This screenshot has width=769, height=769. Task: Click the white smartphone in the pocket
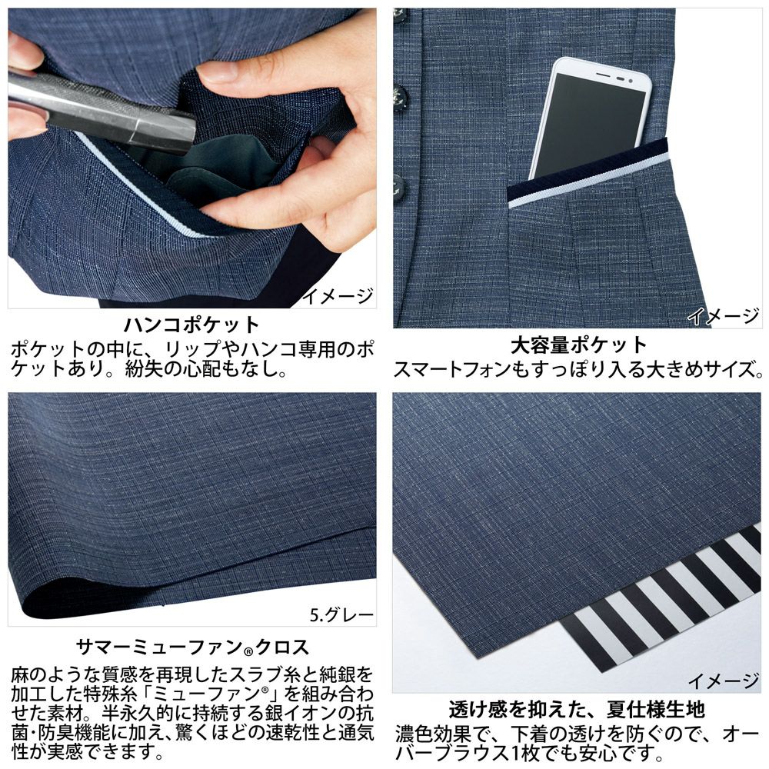click(591, 115)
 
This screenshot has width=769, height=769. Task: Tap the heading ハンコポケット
click(191, 323)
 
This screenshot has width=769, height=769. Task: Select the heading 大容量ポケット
click(579, 345)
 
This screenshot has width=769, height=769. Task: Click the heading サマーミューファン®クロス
click(191, 645)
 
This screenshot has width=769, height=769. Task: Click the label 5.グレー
click(341, 614)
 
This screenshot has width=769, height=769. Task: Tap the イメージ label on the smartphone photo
click(723, 315)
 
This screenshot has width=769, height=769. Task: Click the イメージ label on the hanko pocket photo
click(338, 295)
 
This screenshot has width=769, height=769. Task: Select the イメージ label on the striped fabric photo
click(723, 680)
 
